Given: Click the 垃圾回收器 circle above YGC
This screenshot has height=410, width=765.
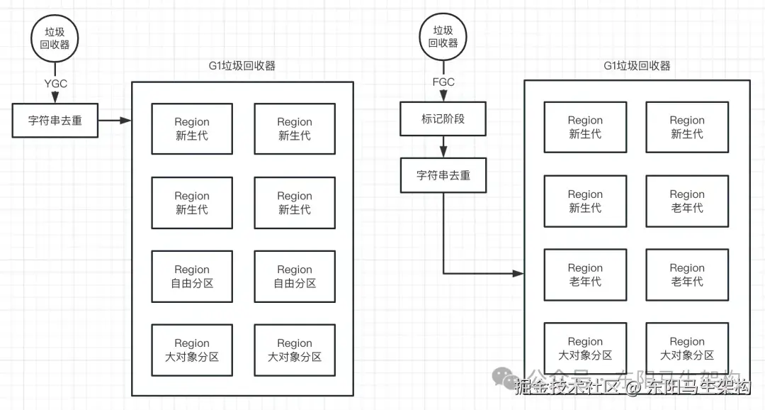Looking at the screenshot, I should [55, 38].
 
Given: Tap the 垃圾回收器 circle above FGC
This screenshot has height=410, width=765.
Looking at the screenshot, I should [443, 37].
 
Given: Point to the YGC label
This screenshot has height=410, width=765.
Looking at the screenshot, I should [55, 84].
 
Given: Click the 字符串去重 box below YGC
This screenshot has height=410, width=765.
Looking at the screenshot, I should [55, 121].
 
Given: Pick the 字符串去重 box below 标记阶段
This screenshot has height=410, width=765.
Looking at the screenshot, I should [443, 175].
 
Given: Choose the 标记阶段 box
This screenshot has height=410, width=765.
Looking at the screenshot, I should [443, 119].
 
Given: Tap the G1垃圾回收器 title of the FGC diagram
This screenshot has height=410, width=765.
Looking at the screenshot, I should [637, 66].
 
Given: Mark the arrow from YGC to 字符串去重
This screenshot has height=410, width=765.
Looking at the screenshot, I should [55, 96].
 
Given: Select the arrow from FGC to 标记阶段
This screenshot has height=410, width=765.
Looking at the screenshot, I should [443, 94].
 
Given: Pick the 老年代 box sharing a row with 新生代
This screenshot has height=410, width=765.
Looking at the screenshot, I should [686, 201].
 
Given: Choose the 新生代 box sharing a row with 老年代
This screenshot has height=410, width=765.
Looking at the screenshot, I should [585, 201].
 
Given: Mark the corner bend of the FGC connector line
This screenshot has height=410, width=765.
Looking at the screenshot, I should [443, 273].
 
